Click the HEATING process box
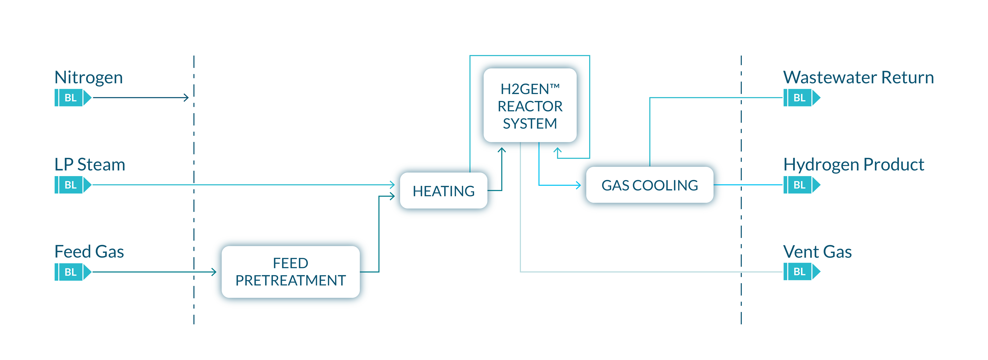(x=443, y=191)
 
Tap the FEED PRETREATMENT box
(x=290, y=272)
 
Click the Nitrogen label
(x=89, y=78)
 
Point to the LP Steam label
(x=90, y=165)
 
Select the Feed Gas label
(x=89, y=252)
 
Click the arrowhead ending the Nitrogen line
(x=186, y=98)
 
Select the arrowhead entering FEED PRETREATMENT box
(x=214, y=272)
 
